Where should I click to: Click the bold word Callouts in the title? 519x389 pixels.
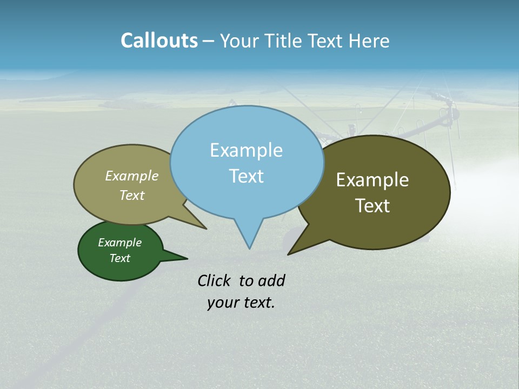coord(159,41)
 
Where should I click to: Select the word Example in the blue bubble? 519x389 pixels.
coord(246,150)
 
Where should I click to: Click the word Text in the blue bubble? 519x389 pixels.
coord(246,176)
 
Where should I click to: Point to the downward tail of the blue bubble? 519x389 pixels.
coord(249,238)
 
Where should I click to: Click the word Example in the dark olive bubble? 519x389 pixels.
coord(372,180)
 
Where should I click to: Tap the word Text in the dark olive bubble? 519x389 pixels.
coord(372,206)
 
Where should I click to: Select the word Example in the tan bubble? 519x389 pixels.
coord(132,176)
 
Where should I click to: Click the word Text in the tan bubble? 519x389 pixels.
coord(132,195)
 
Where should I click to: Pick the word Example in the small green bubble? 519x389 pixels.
coord(119,243)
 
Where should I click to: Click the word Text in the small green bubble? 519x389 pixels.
coord(119,258)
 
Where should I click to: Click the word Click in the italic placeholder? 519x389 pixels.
coord(214,280)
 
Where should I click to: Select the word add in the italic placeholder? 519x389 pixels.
coord(271,280)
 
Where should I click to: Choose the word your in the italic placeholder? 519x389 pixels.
coord(222,303)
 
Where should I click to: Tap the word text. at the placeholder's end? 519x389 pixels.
coord(257,303)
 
